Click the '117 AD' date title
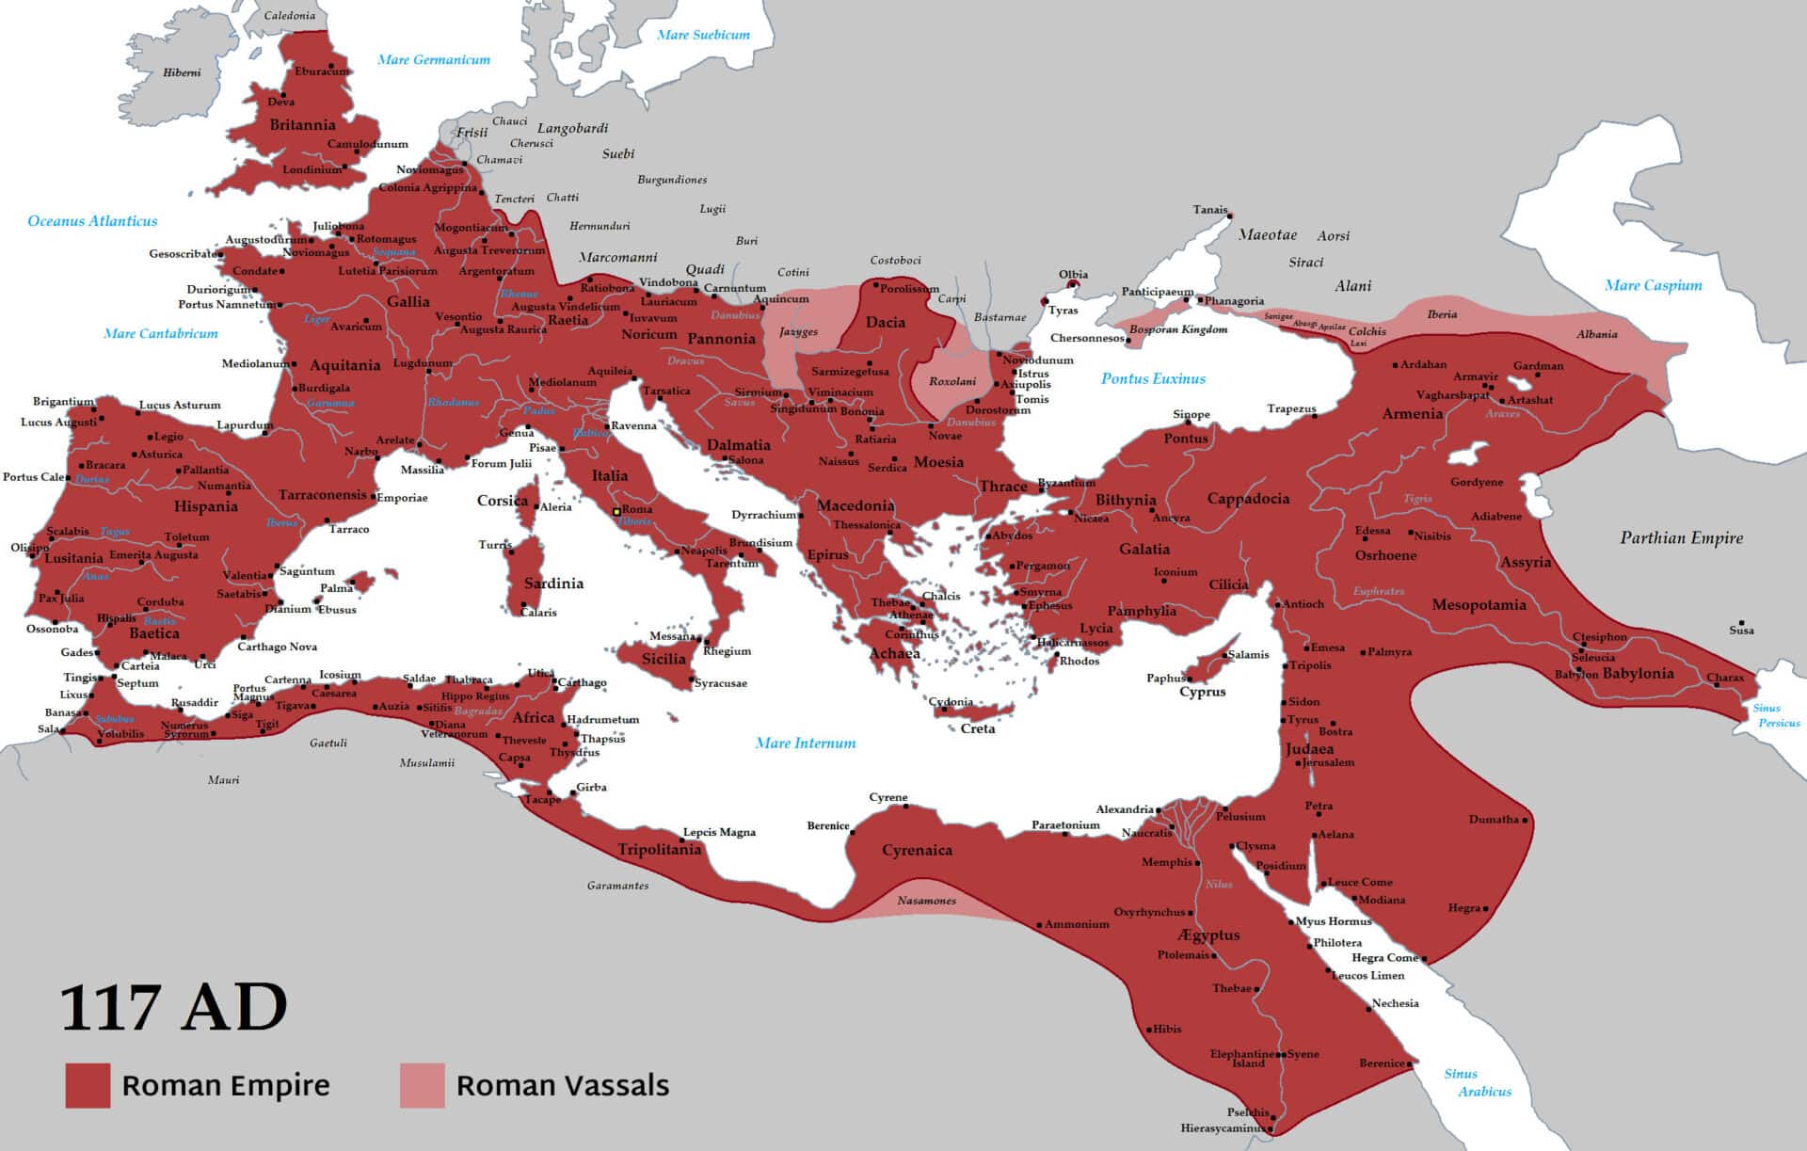click(x=174, y=1008)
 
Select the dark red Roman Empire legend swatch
click(x=88, y=1085)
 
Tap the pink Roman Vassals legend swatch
click(x=422, y=1085)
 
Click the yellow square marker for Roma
click(x=616, y=512)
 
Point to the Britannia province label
click(x=302, y=125)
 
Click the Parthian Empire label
click(x=1681, y=538)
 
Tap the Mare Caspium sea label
click(x=1653, y=285)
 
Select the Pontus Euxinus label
click(x=1153, y=378)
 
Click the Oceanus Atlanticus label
click(x=92, y=221)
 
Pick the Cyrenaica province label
click(x=917, y=851)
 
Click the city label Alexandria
click(x=1124, y=809)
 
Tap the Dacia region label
click(x=885, y=322)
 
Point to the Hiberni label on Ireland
click(x=182, y=72)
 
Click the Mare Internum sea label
click(x=806, y=743)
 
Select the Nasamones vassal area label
click(x=926, y=901)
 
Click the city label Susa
click(x=1741, y=631)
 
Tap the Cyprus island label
click(x=1202, y=692)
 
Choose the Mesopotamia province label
click(x=1479, y=605)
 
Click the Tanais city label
click(x=1209, y=210)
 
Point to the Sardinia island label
click(x=553, y=583)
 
